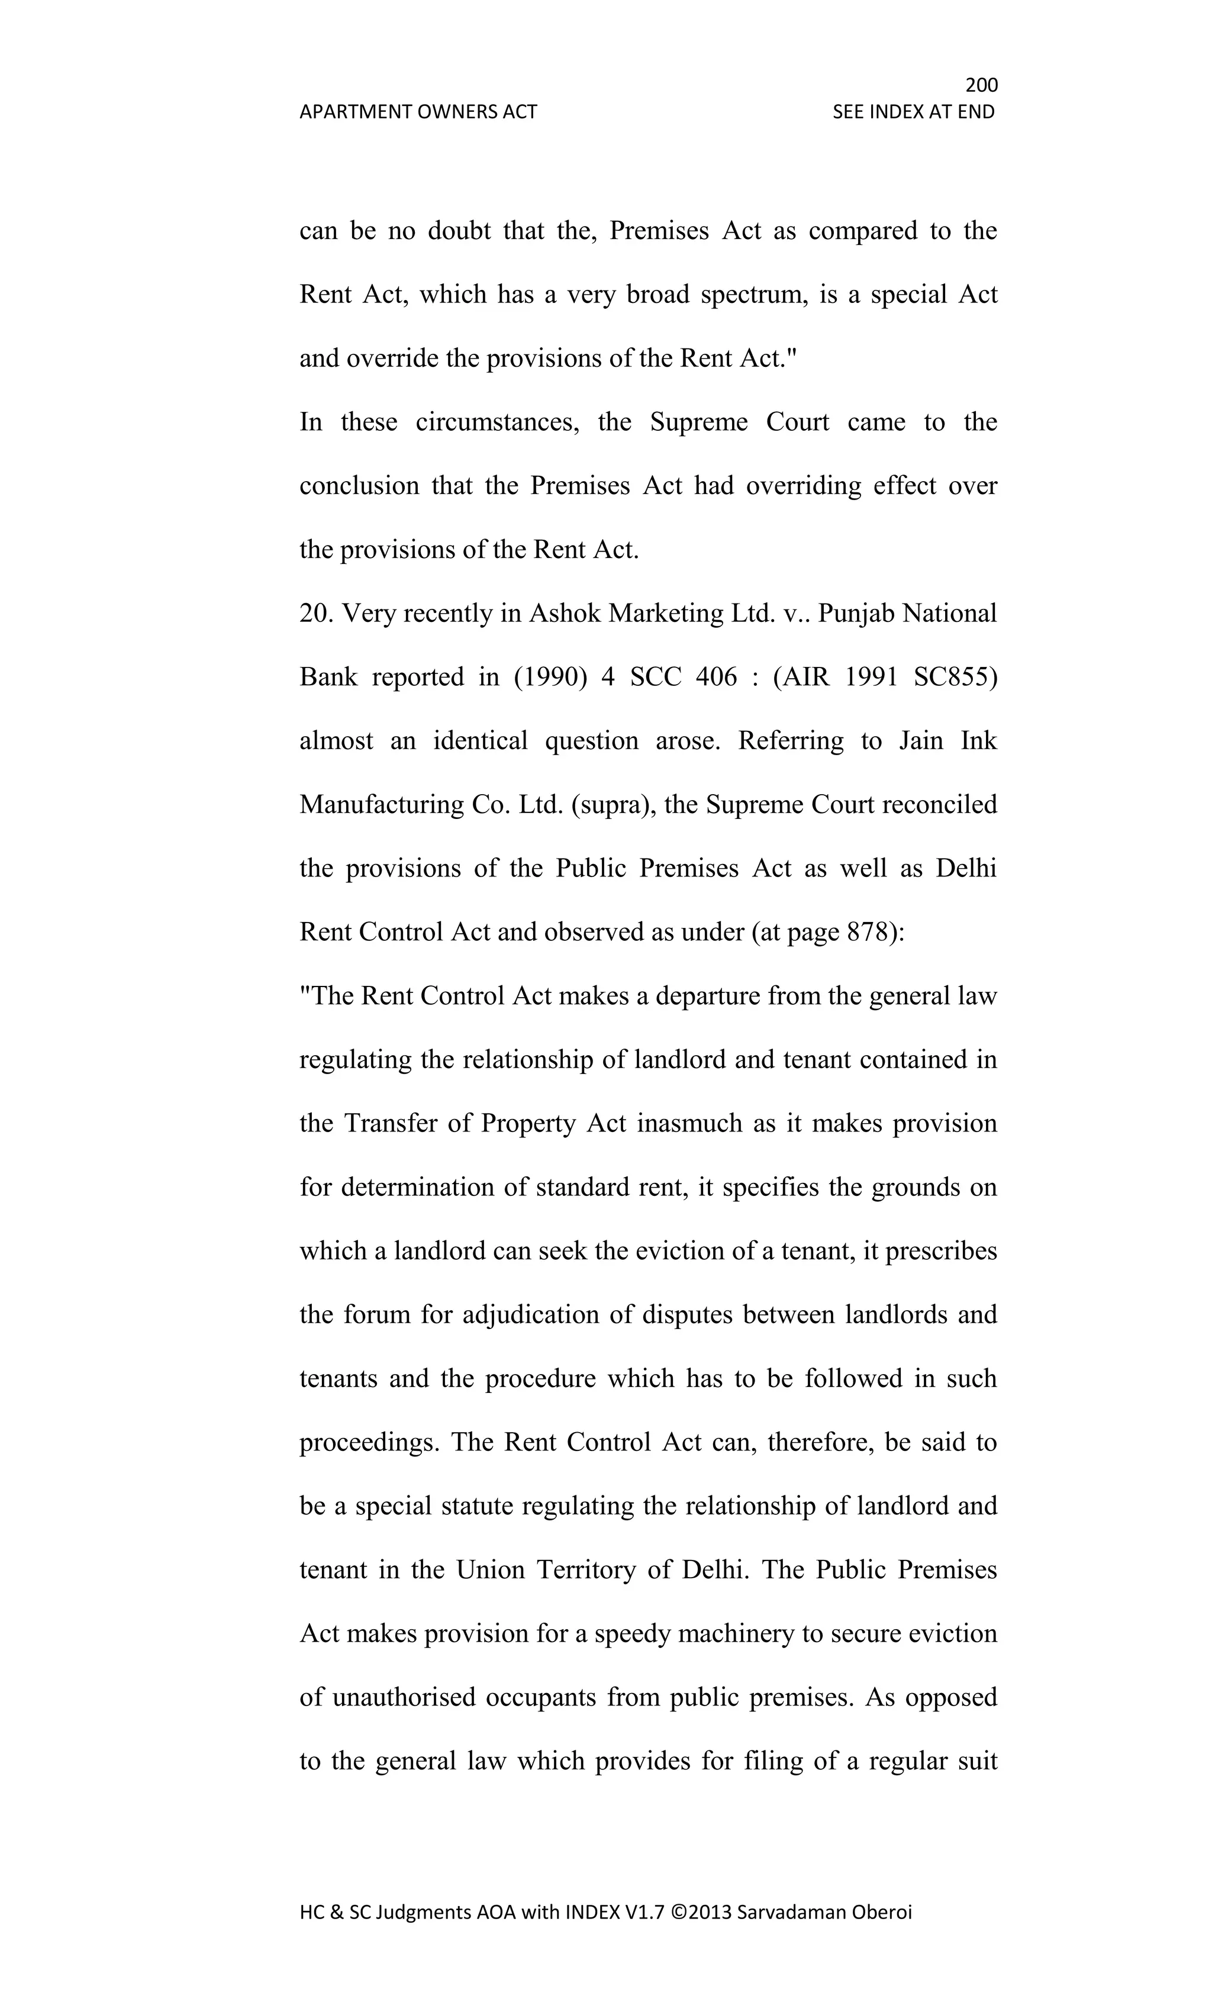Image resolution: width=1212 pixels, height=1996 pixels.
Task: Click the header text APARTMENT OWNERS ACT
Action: [x=418, y=112]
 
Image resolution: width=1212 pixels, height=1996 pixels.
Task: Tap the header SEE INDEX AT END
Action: [x=913, y=112]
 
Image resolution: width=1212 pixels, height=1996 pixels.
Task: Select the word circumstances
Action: [x=497, y=422]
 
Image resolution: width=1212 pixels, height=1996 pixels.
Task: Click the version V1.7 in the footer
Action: [x=645, y=1913]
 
